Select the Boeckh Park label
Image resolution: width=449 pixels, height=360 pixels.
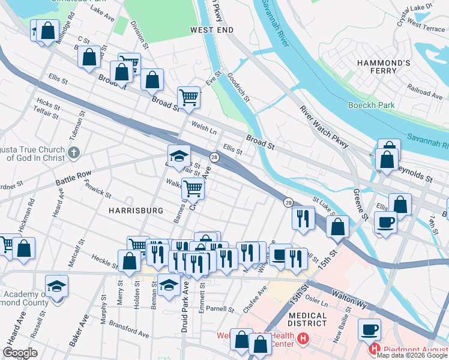pyautogui.click(x=372, y=105)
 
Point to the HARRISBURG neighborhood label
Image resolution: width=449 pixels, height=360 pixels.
pyautogui.click(x=136, y=211)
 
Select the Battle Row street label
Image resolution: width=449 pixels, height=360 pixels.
pyautogui.click(x=73, y=179)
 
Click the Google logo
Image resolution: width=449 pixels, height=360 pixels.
pyautogui.click(x=20, y=352)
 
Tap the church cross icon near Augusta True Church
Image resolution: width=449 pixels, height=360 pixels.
pyautogui.click(x=73, y=153)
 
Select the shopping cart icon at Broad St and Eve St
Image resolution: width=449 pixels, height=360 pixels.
pyautogui.click(x=188, y=96)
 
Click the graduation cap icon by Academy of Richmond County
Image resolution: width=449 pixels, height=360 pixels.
pyautogui.click(x=56, y=285)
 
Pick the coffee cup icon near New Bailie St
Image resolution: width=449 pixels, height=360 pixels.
pyautogui.click(x=369, y=329)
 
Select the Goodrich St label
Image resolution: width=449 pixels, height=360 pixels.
pyautogui.click(x=238, y=86)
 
